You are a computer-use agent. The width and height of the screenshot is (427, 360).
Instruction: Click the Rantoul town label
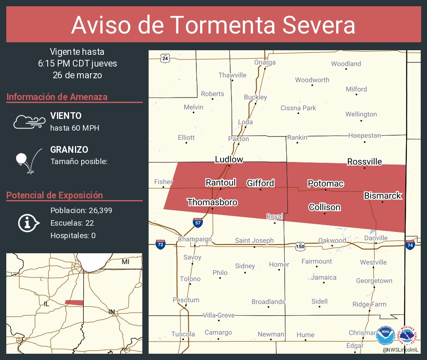221,182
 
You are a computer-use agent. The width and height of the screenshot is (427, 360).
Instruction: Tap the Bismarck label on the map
383,195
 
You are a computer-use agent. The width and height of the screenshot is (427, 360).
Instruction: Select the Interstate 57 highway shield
198,222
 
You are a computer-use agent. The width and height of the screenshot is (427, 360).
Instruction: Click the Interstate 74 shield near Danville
410,244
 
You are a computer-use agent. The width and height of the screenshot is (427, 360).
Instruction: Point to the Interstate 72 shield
160,244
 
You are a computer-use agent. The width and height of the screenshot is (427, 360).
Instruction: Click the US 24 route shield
165,58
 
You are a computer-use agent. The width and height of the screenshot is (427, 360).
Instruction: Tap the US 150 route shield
300,246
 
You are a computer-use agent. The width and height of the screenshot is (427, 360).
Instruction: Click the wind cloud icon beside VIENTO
29,121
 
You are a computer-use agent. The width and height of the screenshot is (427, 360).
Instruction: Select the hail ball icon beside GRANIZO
22,159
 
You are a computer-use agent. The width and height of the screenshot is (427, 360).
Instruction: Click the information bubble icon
28,223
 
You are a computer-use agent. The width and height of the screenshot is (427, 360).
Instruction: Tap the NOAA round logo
385,336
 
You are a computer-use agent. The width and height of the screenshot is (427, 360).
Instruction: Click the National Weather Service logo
408,336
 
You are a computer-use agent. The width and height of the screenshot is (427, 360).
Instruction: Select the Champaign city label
195,239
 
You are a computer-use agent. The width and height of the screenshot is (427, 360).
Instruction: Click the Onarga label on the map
265,62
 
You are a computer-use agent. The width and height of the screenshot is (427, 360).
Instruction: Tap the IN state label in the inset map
111,312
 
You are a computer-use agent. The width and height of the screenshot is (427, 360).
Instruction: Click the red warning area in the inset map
74,302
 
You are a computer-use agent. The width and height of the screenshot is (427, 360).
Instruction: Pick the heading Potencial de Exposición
54,195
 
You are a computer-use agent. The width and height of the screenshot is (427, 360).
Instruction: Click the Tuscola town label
183,334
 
